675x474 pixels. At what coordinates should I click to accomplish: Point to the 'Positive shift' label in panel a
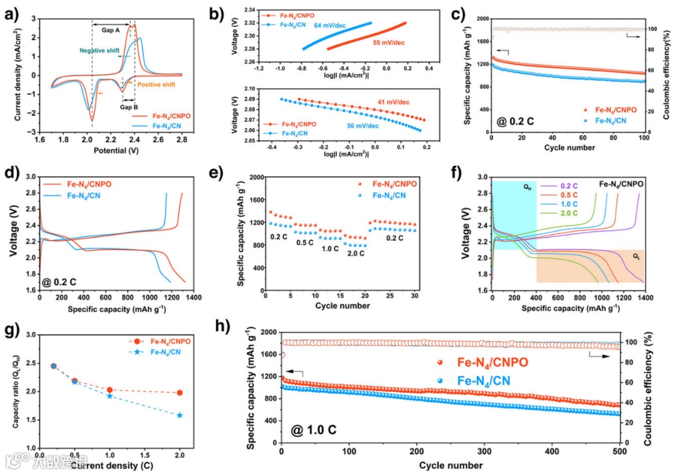pyautogui.click(x=156, y=84)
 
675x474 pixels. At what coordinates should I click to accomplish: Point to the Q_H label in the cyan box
pyautogui.click(x=527, y=186)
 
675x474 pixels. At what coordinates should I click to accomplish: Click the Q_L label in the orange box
pyautogui.click(x=636, y=256)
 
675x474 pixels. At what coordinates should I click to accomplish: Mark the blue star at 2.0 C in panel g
pyautogui.click(x=180, y=415)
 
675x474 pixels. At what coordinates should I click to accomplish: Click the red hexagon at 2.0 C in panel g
pyautogui.click(x=180, y=393)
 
